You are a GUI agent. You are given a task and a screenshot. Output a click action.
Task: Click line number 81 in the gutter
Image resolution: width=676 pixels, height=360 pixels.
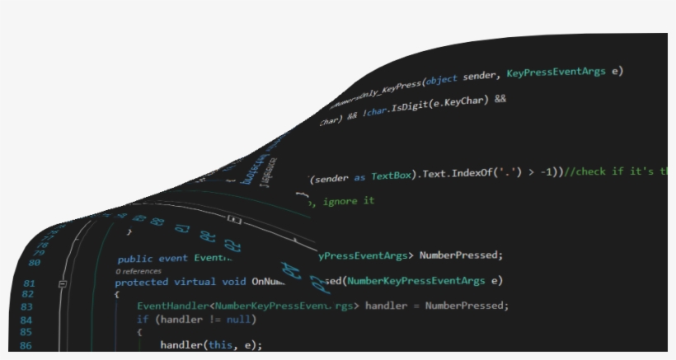tap(29, 283)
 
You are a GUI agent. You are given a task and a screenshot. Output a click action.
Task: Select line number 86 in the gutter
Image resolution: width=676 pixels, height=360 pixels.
tap(26, 345)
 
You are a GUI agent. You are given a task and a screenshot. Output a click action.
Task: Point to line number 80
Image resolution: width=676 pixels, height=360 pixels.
tap(34, 263)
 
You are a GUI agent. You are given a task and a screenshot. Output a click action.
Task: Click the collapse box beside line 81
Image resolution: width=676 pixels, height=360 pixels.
tap(63, 283)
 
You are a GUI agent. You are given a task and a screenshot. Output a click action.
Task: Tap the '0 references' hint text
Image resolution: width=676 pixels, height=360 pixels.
tap(138, 270)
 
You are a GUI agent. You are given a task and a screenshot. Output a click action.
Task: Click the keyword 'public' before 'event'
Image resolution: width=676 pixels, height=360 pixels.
tap(135, 259)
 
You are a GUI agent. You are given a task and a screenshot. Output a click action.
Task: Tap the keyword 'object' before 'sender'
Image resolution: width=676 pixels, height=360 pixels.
tap(441, 80)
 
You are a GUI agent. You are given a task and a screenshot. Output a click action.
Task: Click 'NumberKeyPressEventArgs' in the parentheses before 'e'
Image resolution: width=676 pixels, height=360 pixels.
tap(415, 281)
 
